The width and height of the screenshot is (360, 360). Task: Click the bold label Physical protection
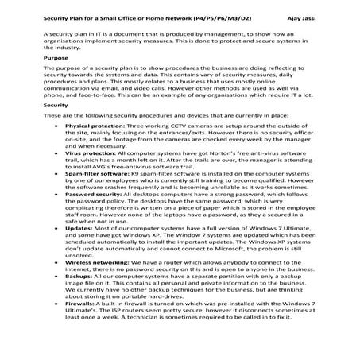coord(94,149)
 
